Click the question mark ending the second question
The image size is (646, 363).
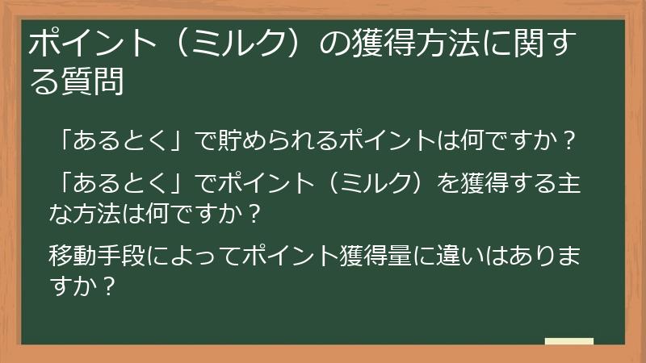coord(254,215)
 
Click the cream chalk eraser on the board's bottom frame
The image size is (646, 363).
coord(568,341)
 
